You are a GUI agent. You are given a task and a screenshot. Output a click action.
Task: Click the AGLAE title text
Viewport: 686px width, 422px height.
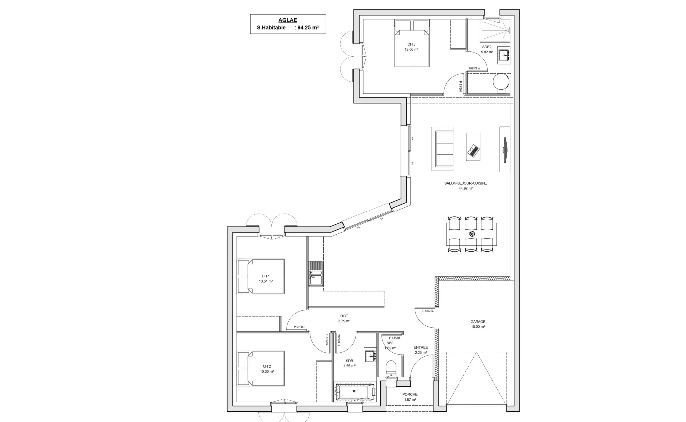click(x=288, y=20)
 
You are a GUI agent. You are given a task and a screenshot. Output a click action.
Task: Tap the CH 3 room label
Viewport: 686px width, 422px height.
click(x=411, y=44)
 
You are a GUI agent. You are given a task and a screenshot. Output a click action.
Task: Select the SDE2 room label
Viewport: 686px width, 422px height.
click(x=487, y=47)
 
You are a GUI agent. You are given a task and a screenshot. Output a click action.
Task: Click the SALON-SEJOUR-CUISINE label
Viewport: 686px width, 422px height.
click(x=465, y=183)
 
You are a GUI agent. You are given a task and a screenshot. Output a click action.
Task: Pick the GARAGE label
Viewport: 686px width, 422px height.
click(x=478, y=322)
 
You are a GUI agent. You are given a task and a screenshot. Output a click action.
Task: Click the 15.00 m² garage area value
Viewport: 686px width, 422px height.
click(x=478, y=327)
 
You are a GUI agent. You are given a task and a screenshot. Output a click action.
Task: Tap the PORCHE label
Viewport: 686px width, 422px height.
click(x=410, y=394)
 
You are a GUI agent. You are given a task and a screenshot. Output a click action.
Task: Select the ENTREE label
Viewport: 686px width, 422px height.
click(x=420, y=347)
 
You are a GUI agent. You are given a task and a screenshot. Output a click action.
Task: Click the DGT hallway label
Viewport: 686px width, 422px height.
click(x=344, y=316)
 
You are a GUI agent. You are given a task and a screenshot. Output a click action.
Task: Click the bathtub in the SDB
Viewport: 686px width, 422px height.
click(x=355, y=392)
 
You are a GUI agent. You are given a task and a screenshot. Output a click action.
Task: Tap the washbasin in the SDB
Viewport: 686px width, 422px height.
click(x=370, y=356)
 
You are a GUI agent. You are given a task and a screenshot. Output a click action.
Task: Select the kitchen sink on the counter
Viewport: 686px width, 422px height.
click(x=316, y=273)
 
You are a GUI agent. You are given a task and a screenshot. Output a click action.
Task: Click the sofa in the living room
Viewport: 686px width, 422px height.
click(x=442, y=149)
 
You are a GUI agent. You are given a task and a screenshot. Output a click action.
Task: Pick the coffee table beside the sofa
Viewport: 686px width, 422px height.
click(x=473, y=147)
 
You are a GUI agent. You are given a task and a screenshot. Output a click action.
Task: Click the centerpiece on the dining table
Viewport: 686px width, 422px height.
click(x=472, y=233)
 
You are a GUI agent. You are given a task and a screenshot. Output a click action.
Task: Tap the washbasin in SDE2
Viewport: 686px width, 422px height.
click(x=504, y=55)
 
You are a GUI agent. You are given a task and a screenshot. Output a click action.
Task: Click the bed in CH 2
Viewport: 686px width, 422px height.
click(x=261, y=368)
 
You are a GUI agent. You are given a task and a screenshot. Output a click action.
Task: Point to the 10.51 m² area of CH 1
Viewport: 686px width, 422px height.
click(x=266, y=281)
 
